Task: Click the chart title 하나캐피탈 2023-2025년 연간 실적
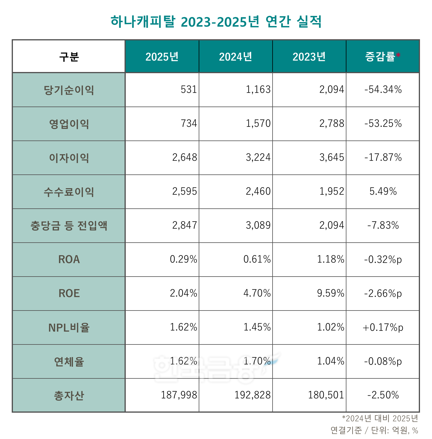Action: click(x=216, y=21)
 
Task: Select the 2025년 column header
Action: click(x=162, y=56)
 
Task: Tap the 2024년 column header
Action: click(x=235, y=56)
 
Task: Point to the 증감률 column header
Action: click(x=380, y=56)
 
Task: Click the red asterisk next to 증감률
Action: click(x=398, y=55)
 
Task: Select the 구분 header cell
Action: click(x=69, y=56)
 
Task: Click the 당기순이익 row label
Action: click(x=69, y=90)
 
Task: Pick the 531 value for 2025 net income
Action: click(x=189, y=90)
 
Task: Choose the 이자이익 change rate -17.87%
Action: click(x=383, y=157)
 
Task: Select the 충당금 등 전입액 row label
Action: click(x=69, y=226)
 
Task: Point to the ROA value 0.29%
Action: click(x=183, y=259)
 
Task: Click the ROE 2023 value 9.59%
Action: click(x=331, y=293)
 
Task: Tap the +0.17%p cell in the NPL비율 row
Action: click(x=383, y=327)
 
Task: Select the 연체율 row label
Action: click(x=69, y=362)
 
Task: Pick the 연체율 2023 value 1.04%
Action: click(x=331, y=361)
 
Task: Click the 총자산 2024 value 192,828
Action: click(x=252, y=395)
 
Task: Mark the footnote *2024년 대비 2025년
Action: click(x=380, y=419)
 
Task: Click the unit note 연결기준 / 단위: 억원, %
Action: click(x=374, y=430)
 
